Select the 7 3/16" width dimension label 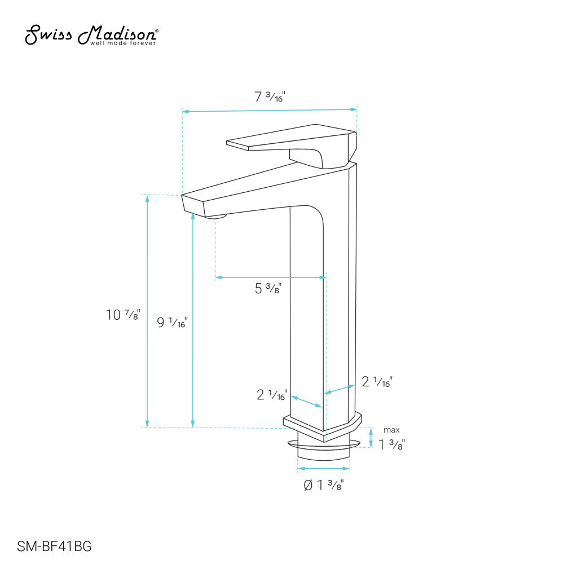coord(270,97)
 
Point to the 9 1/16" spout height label coord(172,323)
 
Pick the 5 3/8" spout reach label coord(268,289)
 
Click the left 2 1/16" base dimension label coord(272,395)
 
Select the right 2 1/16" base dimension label coord(377,382)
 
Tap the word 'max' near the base coord(391,430)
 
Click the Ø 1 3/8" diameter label coord(323,485)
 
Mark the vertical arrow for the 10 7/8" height coord(148,310)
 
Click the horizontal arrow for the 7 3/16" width coord(270,110)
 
